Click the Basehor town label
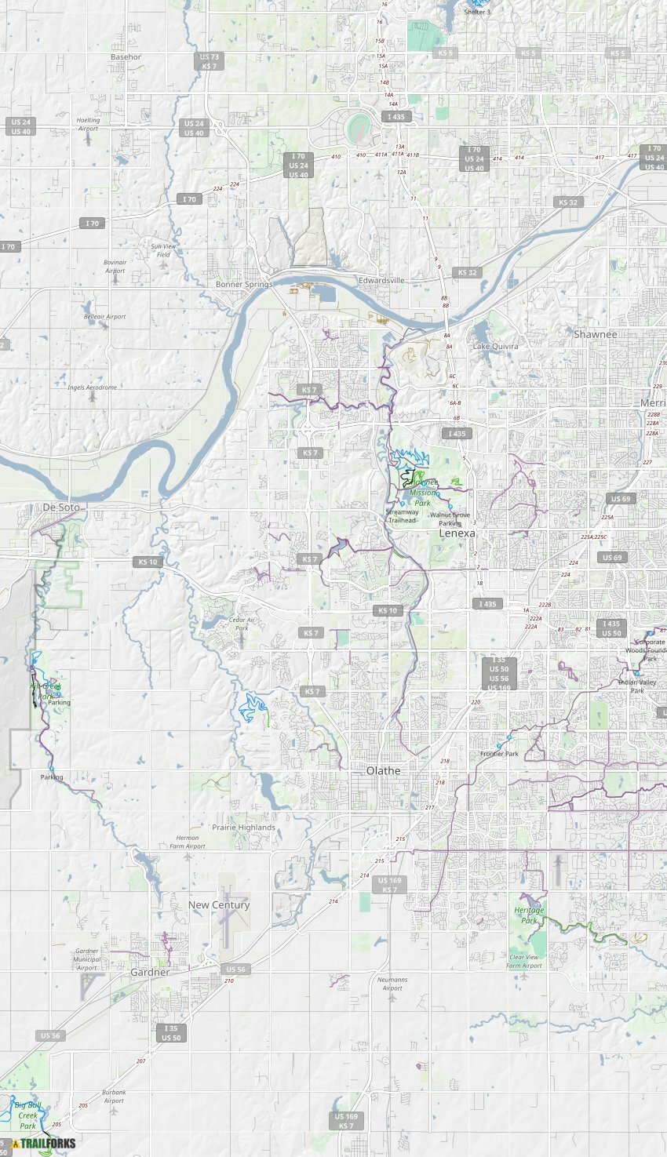(126, 57)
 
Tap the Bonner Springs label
(244, 284)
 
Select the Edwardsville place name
(381, 280)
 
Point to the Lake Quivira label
(495, 346)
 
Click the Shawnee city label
(595, 334)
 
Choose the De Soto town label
(61, 508)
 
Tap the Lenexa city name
(457, 533)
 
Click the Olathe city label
(383, 771)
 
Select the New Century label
(219, 904)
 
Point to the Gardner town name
(150, 972)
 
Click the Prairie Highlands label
(243, 828)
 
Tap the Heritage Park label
(529, 915)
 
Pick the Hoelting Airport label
(88, 124)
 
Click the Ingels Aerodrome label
(92, 387)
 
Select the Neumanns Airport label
(392, 984)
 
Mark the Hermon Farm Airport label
(188, 842)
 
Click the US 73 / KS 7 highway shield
(209, 61)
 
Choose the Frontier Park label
(499, 754)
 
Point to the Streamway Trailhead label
(402, 516)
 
